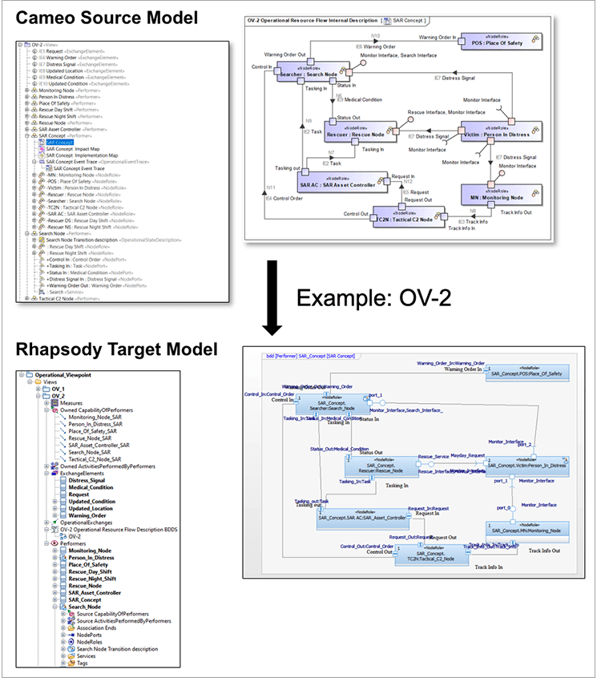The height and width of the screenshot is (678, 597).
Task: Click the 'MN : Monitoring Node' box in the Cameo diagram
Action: click(497, 195)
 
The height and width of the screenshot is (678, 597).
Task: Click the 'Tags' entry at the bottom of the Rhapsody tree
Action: click(82, 663)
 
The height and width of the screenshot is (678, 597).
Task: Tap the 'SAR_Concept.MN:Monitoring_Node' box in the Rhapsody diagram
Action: click(525, 530)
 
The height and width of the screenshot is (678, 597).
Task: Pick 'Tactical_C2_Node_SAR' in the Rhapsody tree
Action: click(100, 458)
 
